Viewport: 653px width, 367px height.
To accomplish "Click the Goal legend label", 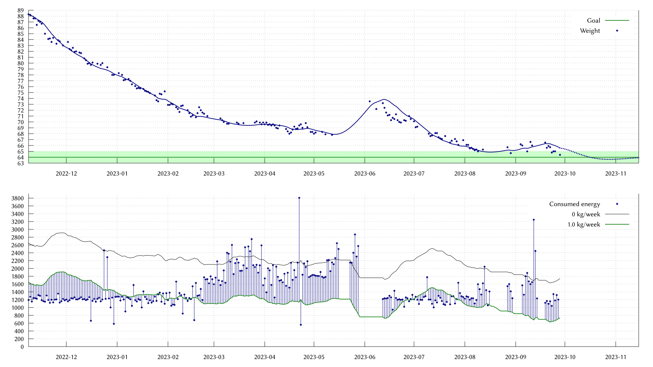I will click(x=593, y=20).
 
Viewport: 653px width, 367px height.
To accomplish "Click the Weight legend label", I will click(x=590, y=31).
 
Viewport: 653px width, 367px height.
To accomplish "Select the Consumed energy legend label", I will click(x=574, y=204).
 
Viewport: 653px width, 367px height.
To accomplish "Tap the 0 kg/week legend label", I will click(x=586, y=214).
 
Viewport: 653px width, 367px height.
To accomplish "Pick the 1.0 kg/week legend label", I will click(x=584, y=224).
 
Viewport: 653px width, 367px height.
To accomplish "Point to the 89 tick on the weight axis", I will click(x=21, y=11).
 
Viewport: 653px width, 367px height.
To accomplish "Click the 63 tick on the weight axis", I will click(x=21, y=163).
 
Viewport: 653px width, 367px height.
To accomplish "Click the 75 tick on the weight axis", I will click(x=21, y=93).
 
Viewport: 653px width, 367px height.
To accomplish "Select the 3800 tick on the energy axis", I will click(x=17, y=198).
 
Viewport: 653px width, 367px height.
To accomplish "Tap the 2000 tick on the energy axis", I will click(x=17, y=269).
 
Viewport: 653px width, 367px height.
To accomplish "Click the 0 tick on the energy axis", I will click(x=22, y=347).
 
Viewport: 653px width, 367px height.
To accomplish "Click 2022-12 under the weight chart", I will click(x=66, y=174).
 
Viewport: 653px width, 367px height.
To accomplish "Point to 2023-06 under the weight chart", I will click(x=365, y=174).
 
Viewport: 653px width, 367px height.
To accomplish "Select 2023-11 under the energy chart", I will click(x=616, y=357).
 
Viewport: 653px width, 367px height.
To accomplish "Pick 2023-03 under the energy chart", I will click(x=214, y=357).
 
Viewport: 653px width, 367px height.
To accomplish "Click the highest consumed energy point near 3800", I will click(x=299, y=198).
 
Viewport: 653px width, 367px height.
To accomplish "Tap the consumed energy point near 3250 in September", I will click(x=534, y=220).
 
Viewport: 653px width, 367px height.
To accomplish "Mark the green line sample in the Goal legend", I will click(x=617, y=20).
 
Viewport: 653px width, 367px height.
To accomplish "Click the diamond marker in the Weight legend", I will click(x=617, y=31).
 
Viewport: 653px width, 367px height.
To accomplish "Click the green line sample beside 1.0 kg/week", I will click(x=617, y=224).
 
